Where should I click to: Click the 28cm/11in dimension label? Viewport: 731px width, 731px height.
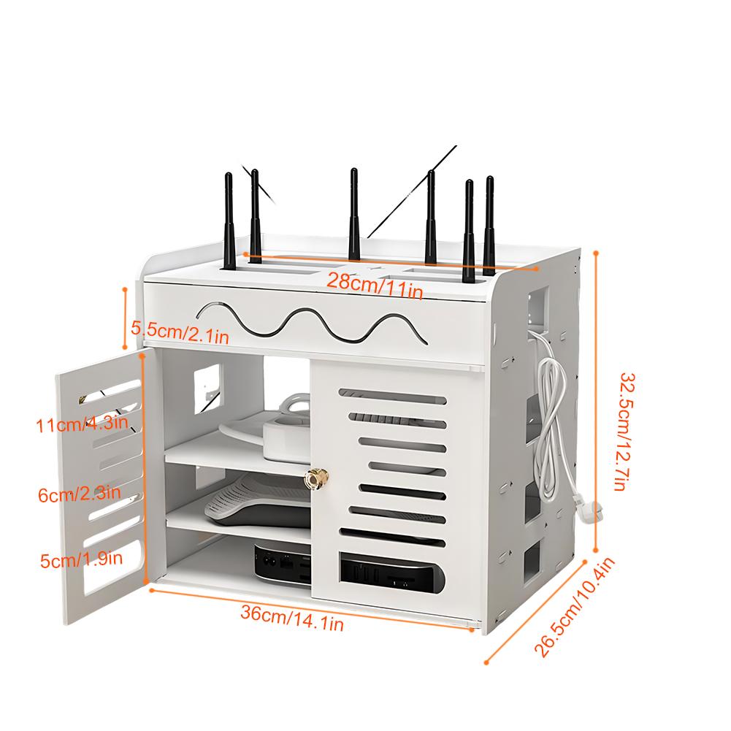[x=375, y=286]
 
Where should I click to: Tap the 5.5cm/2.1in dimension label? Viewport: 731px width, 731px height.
[x=180, y=332]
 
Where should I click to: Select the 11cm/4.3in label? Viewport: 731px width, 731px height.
[x=82, y=424]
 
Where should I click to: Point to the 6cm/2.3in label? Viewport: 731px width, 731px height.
[x=80, y=493]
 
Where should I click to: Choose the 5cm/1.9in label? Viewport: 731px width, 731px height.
[x=81, y=559]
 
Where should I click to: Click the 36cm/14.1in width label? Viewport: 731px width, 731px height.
[x=292, y=618]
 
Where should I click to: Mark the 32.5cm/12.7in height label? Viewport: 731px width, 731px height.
[x=626, y=432]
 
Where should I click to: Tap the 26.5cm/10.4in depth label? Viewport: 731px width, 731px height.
[x=575, y=607]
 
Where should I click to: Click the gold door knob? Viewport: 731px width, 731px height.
[x=316, y=478]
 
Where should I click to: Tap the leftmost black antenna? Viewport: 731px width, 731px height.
[x=229, y=221]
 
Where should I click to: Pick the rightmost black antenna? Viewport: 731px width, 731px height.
[x=489, y=225]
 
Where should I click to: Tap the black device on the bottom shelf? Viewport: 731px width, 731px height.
[x=283, y=562]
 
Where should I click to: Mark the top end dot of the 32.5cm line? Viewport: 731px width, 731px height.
[x=596, y=253]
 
